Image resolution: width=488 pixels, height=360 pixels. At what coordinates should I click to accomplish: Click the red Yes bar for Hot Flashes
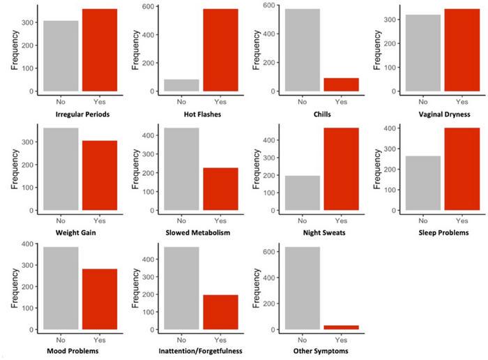coord(220,50)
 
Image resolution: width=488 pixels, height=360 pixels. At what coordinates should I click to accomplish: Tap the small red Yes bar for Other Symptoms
coord(341,327)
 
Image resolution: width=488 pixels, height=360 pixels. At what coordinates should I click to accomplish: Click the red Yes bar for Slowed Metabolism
coord(220,188)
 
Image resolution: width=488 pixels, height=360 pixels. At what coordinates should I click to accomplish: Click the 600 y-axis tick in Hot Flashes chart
coord(148,7)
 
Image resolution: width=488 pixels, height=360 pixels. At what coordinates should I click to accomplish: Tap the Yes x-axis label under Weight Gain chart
coord(99,220)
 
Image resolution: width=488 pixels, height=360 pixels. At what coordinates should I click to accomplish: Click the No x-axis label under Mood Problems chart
coord(61,339)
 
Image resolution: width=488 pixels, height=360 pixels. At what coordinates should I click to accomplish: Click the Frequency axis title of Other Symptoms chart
coord(257,287)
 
